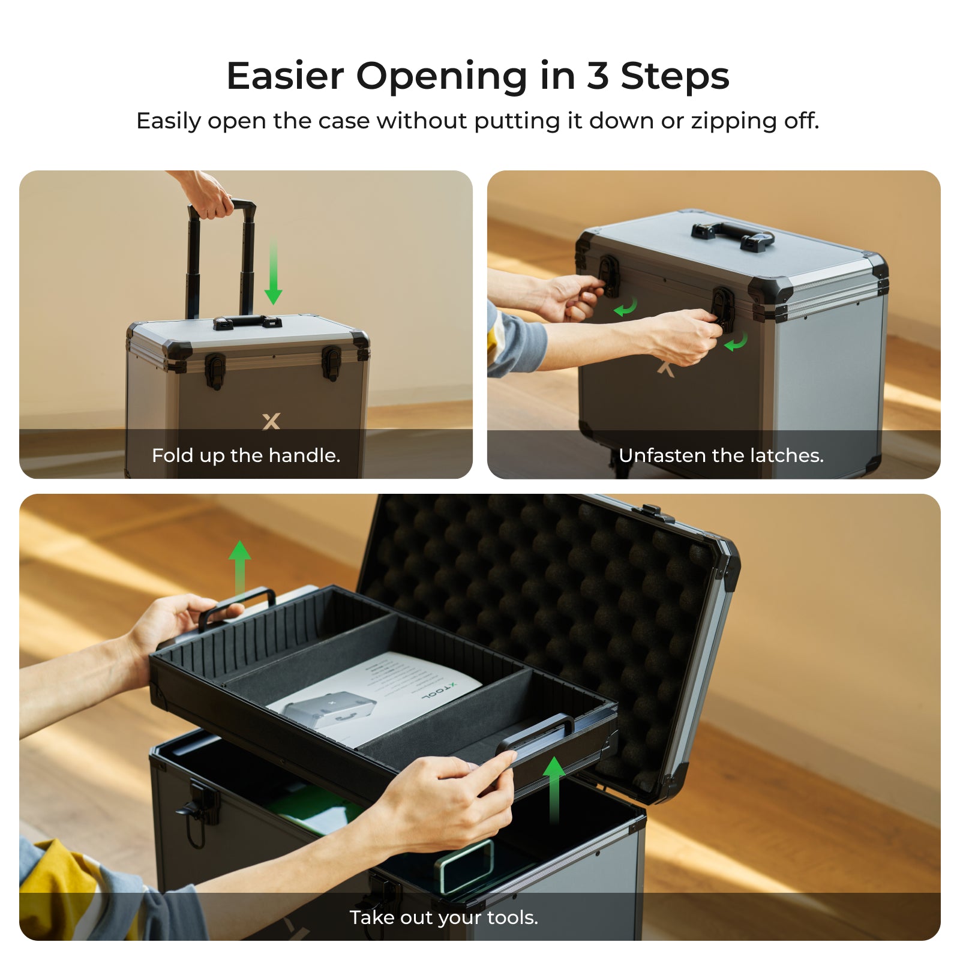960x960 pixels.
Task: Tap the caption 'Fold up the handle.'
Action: coord(246,455)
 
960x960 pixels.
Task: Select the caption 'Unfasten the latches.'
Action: coord(721,455)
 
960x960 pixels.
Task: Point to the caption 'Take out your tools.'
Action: coord(443,917)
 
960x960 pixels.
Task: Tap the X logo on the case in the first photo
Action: coord(271,421)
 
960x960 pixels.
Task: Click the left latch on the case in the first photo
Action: coord(215,369)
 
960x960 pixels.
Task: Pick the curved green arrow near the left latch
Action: coord(626,308)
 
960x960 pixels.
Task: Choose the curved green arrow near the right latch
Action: coord(736,342)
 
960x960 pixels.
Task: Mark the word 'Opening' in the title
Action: coord(442,76)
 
